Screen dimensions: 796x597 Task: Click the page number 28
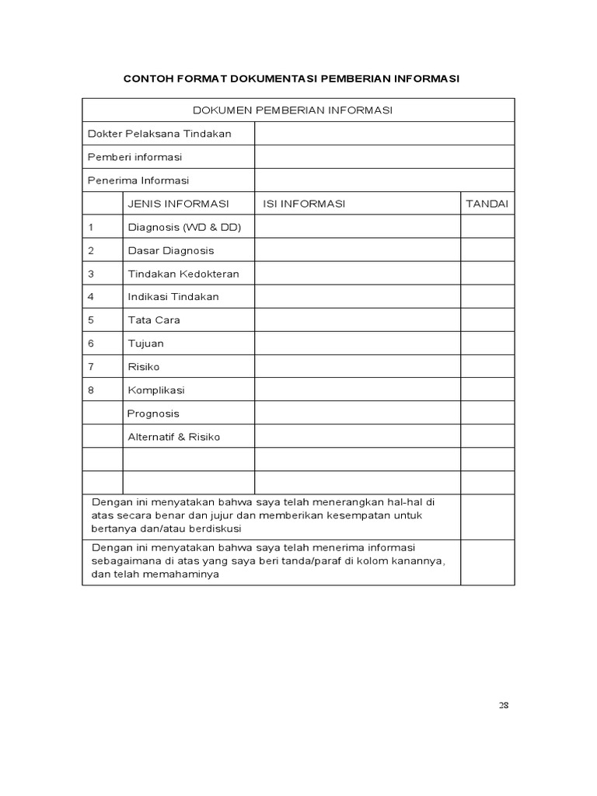pyautogui.click(x=504, y=705)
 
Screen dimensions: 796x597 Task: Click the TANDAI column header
pyautogui.click(x=487, y=204)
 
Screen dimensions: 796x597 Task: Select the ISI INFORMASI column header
pyautogui.click(x=304, y=204)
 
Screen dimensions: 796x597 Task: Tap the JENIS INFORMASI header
pyautogui.click(x=178, y=204)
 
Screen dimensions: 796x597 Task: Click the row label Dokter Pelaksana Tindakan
pyautogui.click(x=159, y=134)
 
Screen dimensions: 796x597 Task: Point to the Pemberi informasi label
pyautogui.click(x=135, y=157)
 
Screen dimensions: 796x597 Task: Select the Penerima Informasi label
pyautogui.click(x=138, y=180)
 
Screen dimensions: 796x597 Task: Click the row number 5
pyautogui.click(x=91, y=320)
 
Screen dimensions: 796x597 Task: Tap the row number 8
pyautogui.click(x=91, y=390)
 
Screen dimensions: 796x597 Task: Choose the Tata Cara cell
pyautogui.click(x=153, y=320)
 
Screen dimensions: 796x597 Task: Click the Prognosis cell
pyautogui.click(x=153, y=414)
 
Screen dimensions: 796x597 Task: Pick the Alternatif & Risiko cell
pyautogui.click(x=173, y=437)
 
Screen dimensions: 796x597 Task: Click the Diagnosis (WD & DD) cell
pyautogui.click(x=184, y=227)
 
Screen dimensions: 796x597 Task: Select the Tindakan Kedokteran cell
pyautogui.click(x=183, y=274)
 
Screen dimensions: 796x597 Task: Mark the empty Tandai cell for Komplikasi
pyautogui.click(x=487, y=390)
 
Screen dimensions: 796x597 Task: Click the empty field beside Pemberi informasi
pyautogui.click(x=384, y=157)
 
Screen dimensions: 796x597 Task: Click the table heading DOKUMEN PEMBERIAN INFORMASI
pyautogui.click(x=298, y=110)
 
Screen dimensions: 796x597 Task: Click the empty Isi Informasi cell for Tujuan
pyautogui.click(x=357, y=344)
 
